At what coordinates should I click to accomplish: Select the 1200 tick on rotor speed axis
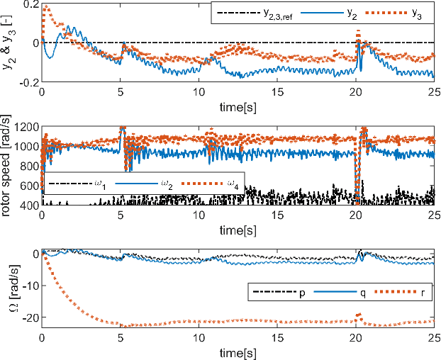[24, 128]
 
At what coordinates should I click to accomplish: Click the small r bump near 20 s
[358, 314]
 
